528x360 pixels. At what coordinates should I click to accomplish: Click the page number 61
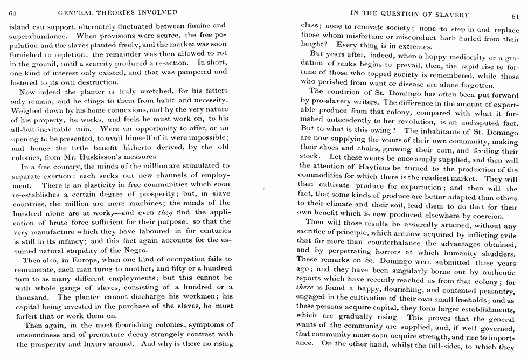click(514, 16)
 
